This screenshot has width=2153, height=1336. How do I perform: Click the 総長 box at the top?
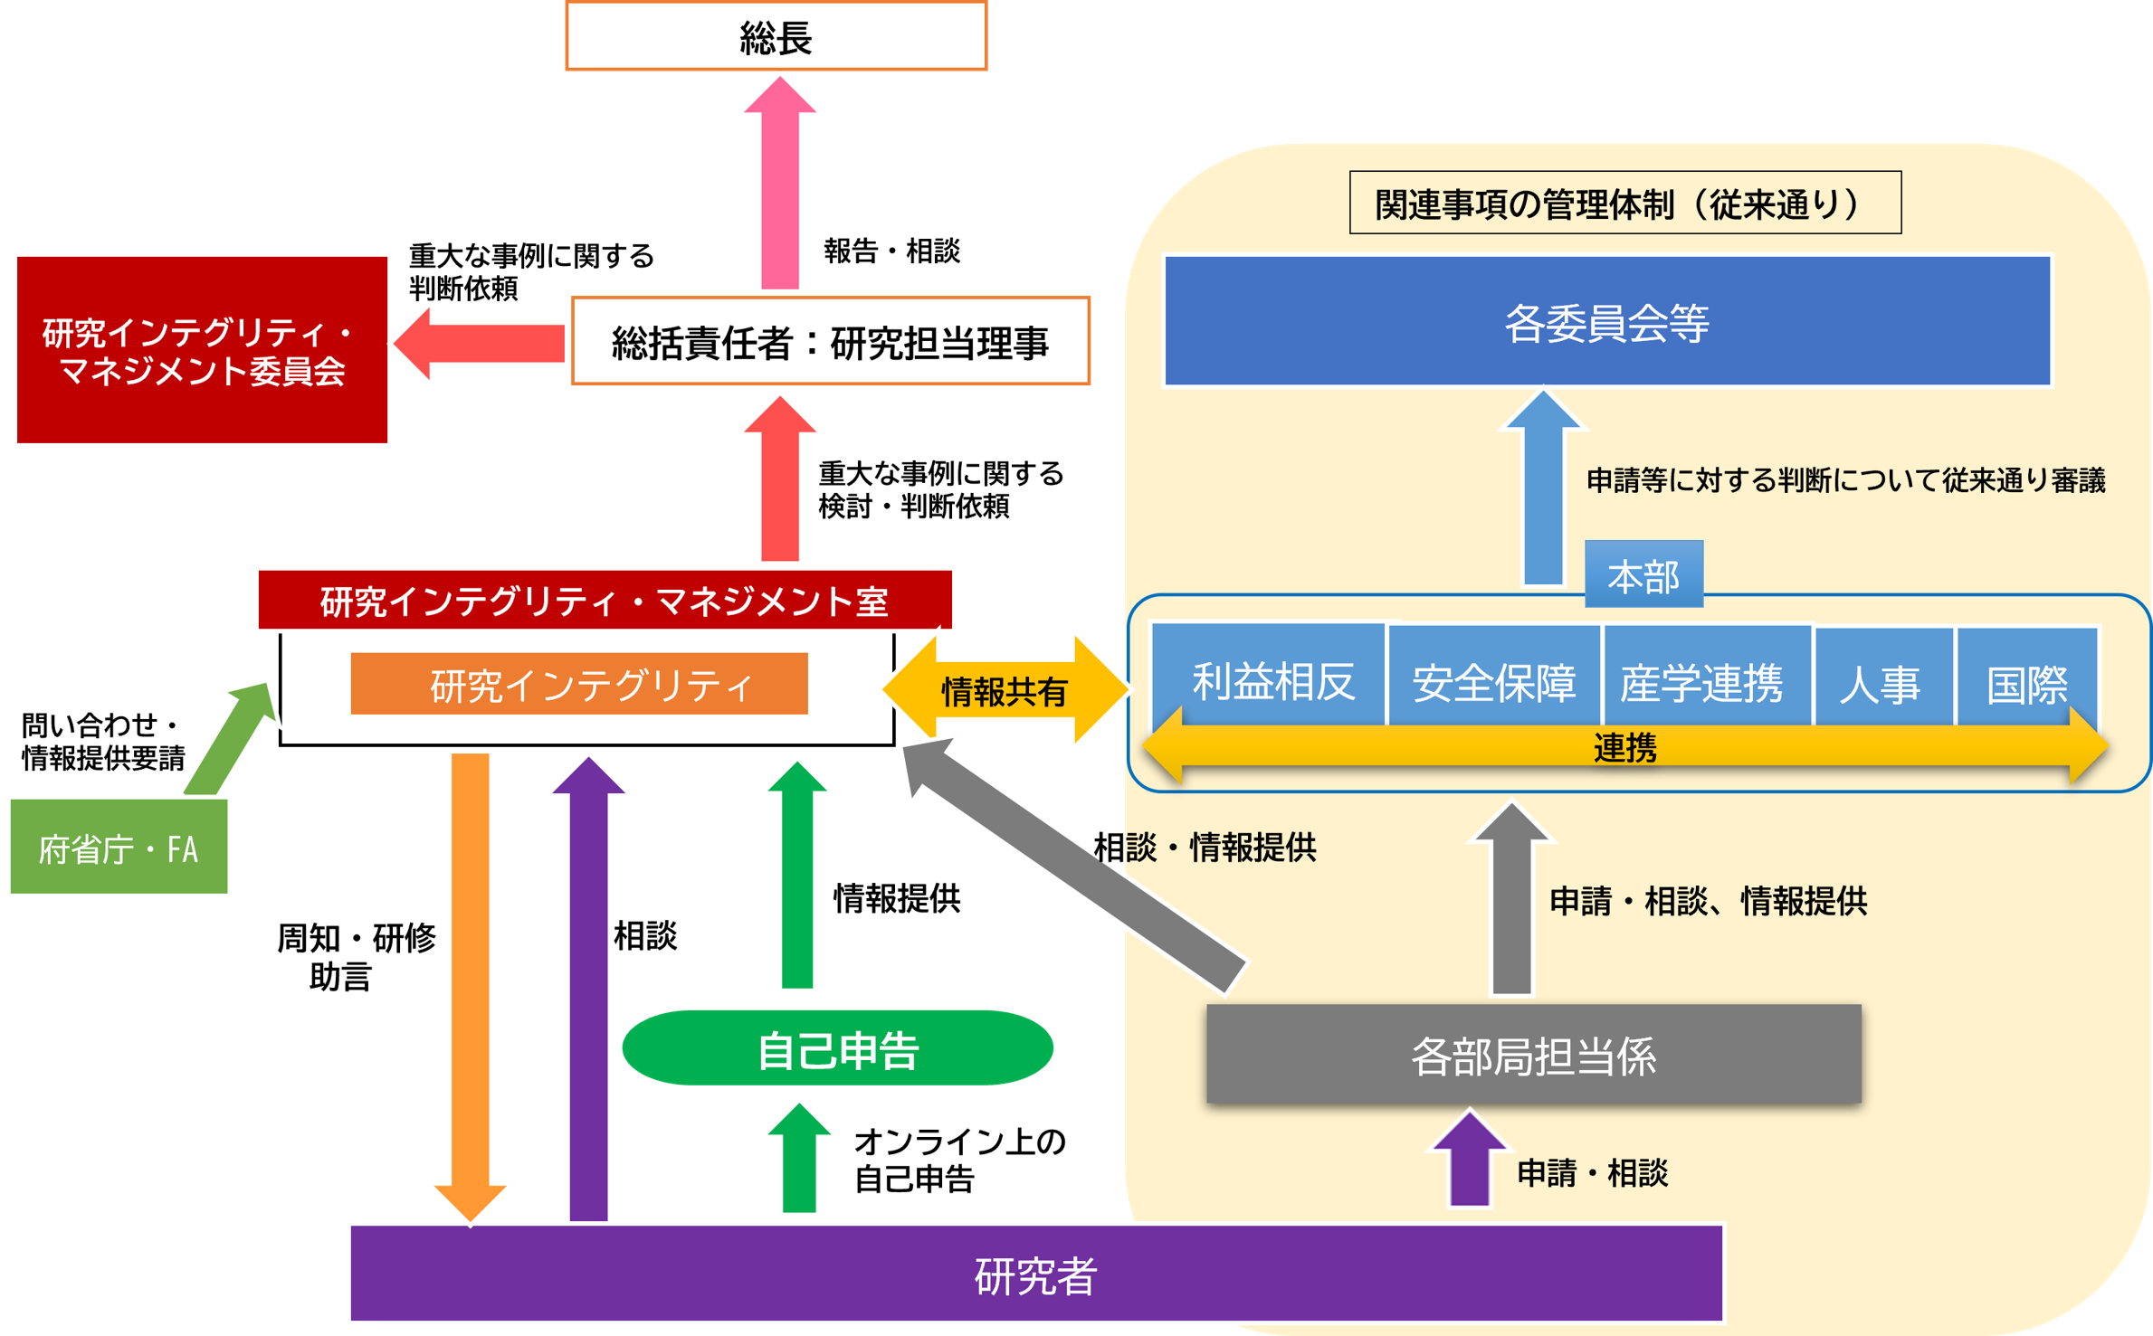tap(776, 37)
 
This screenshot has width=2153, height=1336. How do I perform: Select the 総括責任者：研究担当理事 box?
tap(830, 342)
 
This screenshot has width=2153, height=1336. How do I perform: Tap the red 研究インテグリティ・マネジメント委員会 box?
tap(202, 351)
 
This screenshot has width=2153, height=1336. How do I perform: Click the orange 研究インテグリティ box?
tap(579, 684)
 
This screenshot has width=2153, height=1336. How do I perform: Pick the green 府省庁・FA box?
tap(119, 848)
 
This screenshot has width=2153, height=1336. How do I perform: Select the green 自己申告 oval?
tap(837, 1048)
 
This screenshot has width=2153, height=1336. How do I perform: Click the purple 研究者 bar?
tap(1035, 1274)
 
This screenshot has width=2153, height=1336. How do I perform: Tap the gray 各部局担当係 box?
tap(1533, 1055)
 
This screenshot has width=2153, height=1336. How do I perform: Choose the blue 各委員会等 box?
tap(1606, 322)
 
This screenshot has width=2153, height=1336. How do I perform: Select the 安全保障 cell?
tap(1494, 680)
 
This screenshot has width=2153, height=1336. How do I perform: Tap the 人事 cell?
tap(1882, 680)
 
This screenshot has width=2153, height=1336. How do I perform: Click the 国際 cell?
tap(2026, 680)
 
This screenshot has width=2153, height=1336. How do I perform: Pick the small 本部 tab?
tap(1643, 575)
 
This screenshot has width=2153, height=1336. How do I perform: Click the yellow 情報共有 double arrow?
tap(1005, 691)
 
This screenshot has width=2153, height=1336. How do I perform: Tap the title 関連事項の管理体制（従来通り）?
tap(1624, 204)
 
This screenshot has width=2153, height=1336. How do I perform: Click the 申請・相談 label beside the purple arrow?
tap(1592, 1172)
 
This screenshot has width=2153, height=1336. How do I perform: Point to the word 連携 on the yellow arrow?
tap(1624, 748)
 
